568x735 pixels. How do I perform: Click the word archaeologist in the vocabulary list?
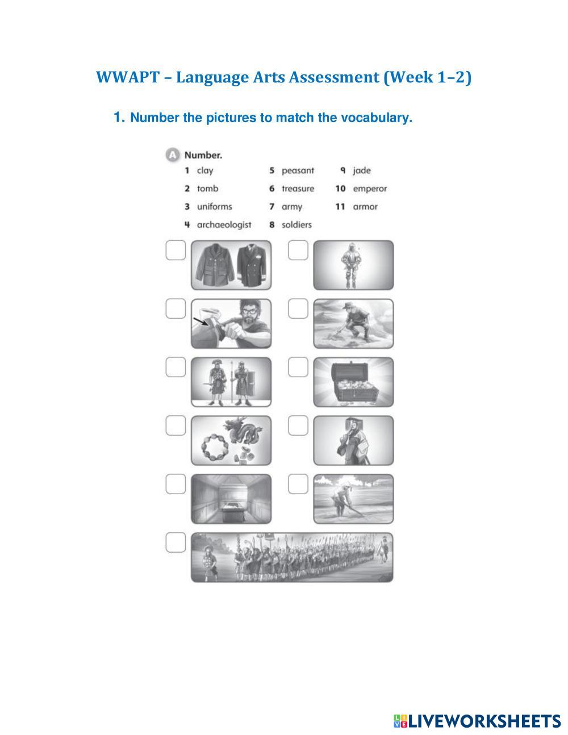pyautogui.click(x=224, y=224)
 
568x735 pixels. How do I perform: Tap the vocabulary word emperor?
pyautogui.click(x=370, y=189)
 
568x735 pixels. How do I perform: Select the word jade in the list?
pyautogui.click(x=361, y=170)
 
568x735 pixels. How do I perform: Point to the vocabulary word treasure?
pyautogui.click(x=298, y=189)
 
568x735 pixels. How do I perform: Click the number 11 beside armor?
pyautogui.click(x=340, y=206)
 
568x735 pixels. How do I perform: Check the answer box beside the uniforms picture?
pyautogui.click(x=176, y=250)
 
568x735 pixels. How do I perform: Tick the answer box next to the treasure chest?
pyautogui.click(x=298, y=367)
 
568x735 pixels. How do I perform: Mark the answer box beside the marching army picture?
pyautogui.click(x=176, y=542)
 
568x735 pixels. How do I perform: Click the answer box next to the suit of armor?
pyautogui.click(x=298, y=250)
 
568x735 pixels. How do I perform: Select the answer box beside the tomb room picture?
pyautogui.click(x=176, y=484)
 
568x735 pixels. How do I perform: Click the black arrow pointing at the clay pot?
pyautogui.click(x=201, y=321)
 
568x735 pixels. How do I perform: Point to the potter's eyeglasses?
pyautogui.click(x=249, y=311)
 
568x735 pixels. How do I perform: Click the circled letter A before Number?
pyautogui.click(x=173, y=155)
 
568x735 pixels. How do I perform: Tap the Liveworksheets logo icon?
pyautogui.click(x=400, y=721)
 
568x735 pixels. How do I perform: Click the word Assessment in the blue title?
pyautogui.click(x=334, y=77)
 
